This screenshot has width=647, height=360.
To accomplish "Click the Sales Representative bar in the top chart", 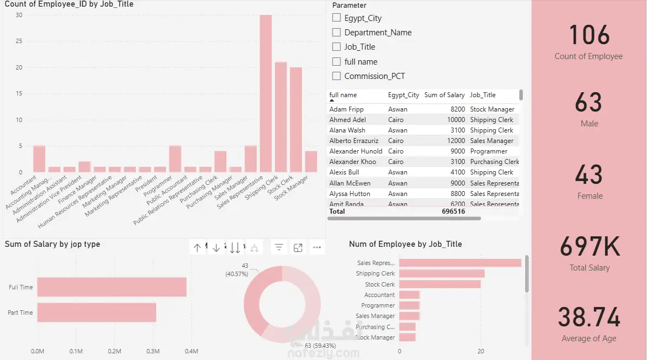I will pos(266,94).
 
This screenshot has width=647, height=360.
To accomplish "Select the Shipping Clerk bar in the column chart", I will pos(281,117).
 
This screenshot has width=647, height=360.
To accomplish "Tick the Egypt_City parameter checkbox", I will pos(336,18).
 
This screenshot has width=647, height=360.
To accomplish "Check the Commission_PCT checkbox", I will pos(336,76).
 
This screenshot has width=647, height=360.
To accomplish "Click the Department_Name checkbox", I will pos(336,32).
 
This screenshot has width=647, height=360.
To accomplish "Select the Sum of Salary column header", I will pos(444,95).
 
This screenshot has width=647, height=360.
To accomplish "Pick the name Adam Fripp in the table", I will pos(346,109).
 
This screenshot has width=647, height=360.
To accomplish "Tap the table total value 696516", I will pos(453,211).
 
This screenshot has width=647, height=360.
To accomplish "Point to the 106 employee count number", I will pos(589,35).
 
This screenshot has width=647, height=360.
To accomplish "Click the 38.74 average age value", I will pos(589,317).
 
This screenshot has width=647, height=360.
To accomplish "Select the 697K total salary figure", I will pos(590,247).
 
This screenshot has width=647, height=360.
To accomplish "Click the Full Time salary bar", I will pos(112,287).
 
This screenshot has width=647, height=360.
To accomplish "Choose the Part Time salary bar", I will pos(97,313).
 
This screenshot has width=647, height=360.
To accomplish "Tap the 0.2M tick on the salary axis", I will pos(114,351).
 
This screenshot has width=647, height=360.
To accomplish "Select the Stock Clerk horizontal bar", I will pos(439,284).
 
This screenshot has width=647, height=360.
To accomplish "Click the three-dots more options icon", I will pos(317,248).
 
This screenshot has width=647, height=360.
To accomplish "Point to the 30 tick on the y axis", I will pos(19,15).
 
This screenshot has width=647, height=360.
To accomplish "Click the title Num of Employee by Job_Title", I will pos(405,244).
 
